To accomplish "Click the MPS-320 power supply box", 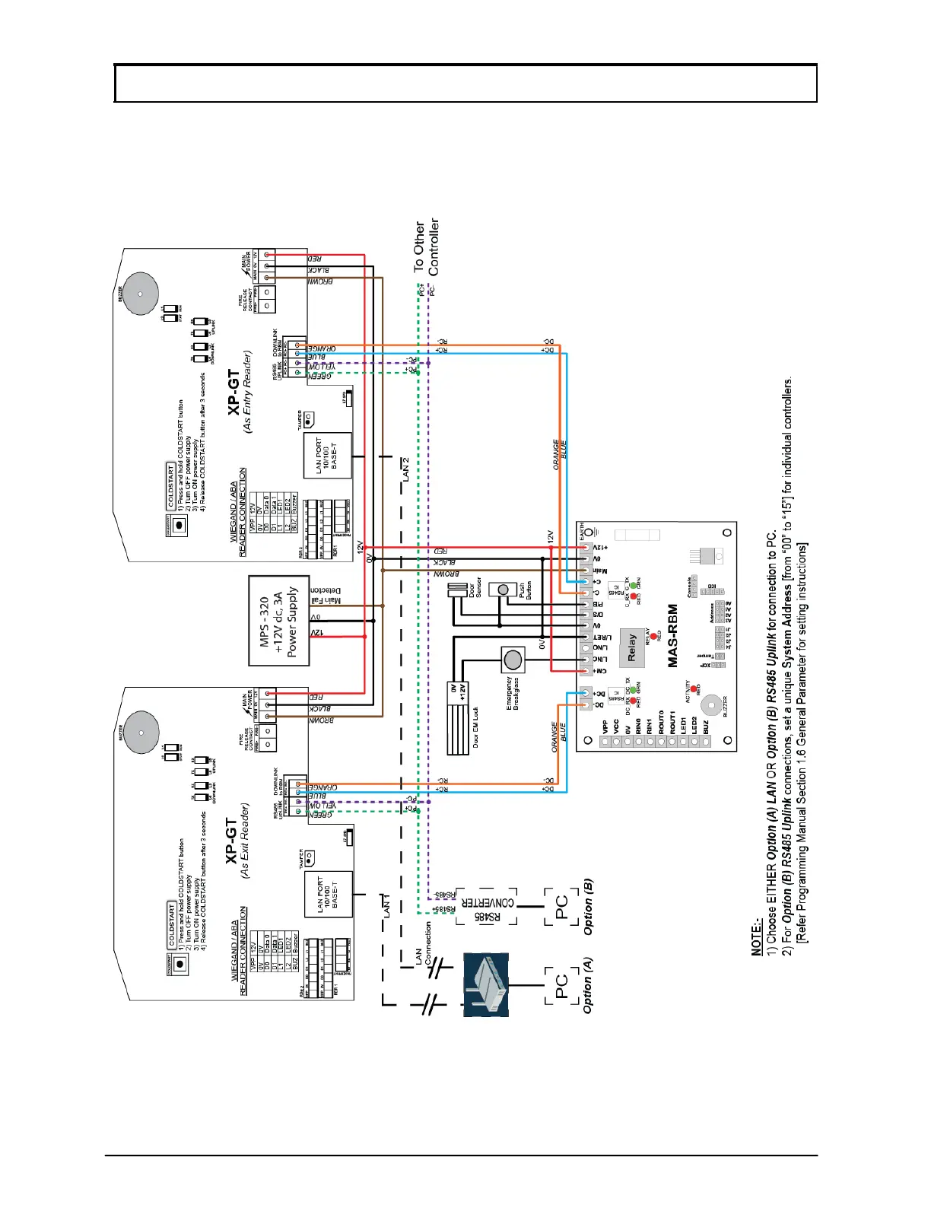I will [x=278, y=620].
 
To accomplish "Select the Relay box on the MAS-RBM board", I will [x=631, y=648].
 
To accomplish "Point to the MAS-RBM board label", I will [x=672, y=636].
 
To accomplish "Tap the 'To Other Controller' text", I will [x=426, y=246].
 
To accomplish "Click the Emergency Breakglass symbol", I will [x=513, y=659].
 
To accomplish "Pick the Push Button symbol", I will [x=502, y=590].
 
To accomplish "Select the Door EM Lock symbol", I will [x=458, y=717].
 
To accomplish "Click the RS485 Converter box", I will [x=487, y=906].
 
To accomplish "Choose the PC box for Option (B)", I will [x=561, y=906].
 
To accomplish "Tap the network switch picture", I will [x=485, y=985].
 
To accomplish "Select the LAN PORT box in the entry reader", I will [x=328, y=455].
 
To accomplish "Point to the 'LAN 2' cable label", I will [x=405, y=469].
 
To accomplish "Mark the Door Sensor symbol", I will [x=457, y=590].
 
